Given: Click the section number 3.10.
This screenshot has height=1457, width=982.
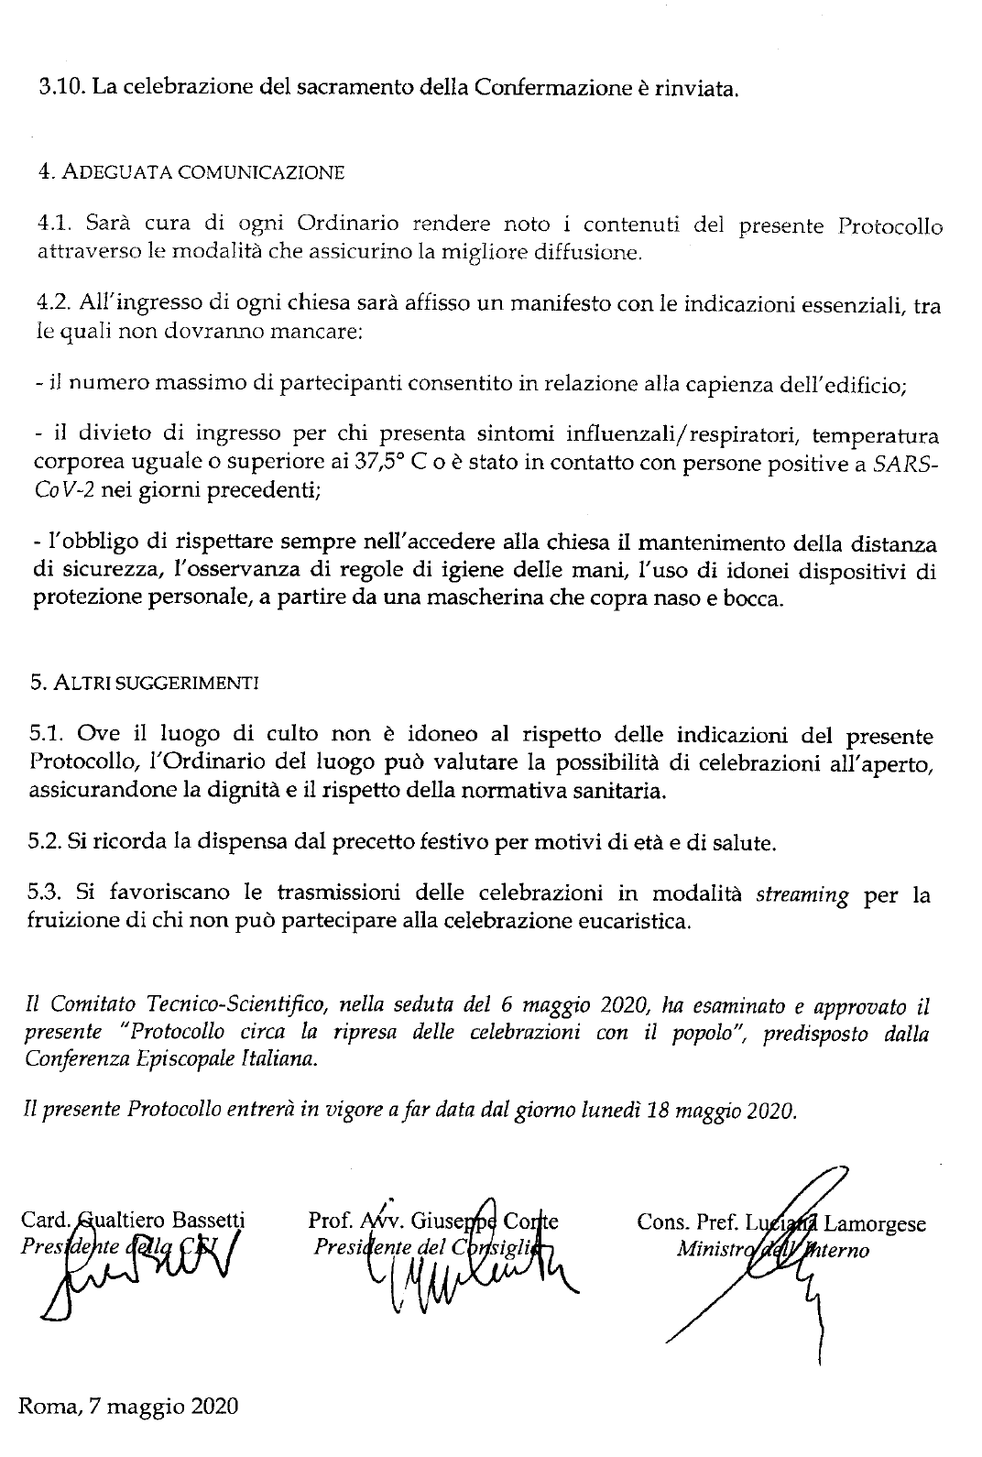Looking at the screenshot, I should pyautogui.click(x=61, y=89).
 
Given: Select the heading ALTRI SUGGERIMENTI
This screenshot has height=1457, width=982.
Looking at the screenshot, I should pyautogui.click(x=157, y=683).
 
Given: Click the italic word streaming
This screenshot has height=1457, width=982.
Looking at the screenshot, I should pyautogui.click(x=802, y=894).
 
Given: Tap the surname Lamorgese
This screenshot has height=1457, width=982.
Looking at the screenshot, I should pyautogui.click(x=875, y=1223).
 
